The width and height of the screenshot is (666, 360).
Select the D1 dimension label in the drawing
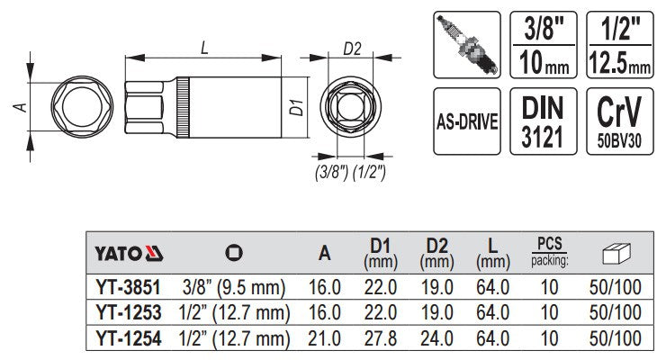293,111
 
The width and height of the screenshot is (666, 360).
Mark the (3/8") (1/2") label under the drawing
351,172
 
